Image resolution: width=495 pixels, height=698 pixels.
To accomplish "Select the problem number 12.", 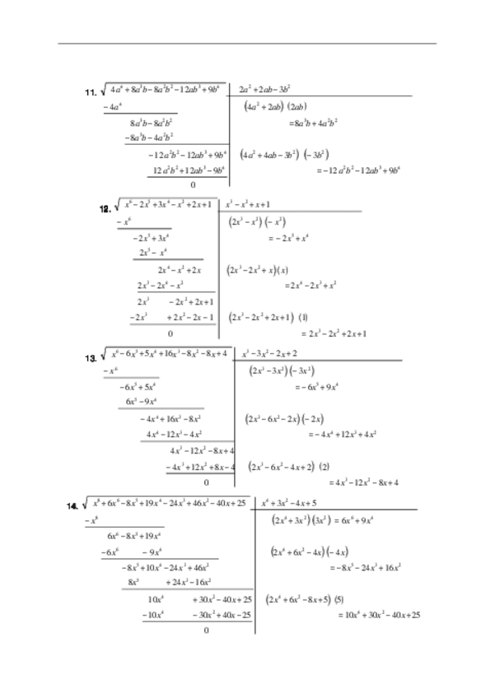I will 105,208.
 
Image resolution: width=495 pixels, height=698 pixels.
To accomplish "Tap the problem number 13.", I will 91,358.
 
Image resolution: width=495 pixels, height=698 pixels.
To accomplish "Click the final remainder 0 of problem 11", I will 192,185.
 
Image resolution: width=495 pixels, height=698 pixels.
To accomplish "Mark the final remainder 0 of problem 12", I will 170,333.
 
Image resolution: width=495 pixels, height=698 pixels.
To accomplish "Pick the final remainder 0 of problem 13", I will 206,482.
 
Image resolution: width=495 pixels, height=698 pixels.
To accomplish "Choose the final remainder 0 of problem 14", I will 206,631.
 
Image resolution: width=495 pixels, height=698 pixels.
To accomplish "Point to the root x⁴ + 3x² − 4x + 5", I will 288,502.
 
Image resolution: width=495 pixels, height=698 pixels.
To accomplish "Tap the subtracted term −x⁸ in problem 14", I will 90,520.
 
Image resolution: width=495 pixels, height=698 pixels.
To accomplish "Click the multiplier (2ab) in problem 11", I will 297,106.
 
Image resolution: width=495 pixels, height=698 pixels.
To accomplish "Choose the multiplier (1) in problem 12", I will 303,317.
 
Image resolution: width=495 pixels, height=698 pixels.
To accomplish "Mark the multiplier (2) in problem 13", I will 325,466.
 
